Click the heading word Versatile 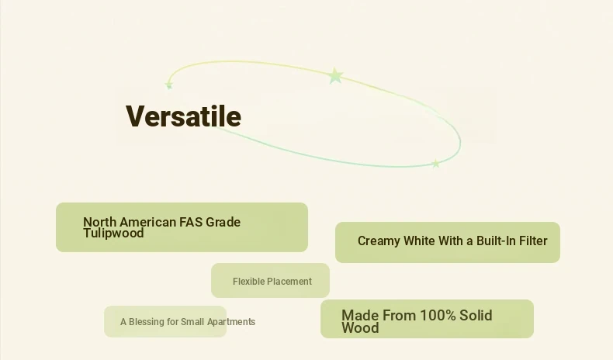click(x=183, y=116)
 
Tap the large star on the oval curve click(x=335, y=76)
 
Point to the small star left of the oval click(x=169, y=85)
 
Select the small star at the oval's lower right click(x=435, y=164)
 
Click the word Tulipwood click(x=113, y=233)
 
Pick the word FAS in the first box click(x=191, y=222)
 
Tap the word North click(x=99, y=222)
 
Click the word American click(x=147, y=222)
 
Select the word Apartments click(x=231, y=322)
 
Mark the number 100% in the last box click(x=437, y=315)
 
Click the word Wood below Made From click(x=360, y=327)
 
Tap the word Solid click(x=476, y=315)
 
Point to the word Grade click(x=223, y=222)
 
